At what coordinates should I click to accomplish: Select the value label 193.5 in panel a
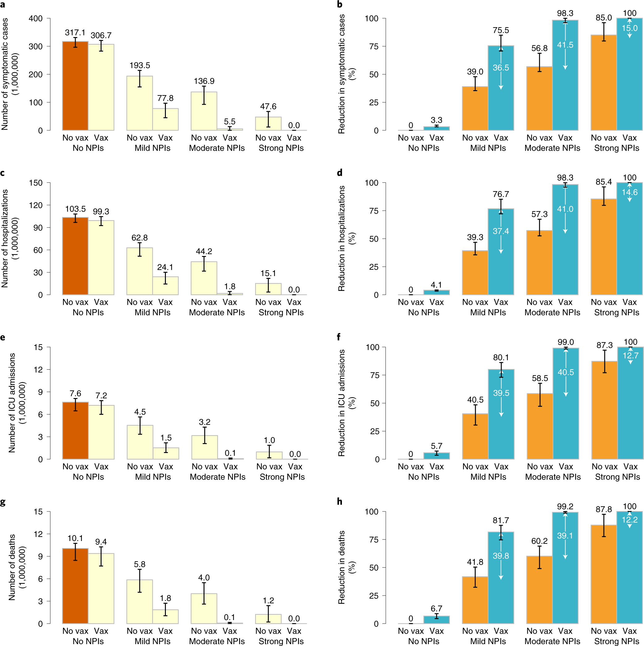coord(140,65)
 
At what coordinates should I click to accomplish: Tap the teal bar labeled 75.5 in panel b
coord(501,100)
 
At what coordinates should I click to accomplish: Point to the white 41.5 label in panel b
coord(565,45)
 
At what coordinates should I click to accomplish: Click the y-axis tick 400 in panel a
coord(36,19)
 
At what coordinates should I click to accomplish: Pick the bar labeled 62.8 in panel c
coord(140,271)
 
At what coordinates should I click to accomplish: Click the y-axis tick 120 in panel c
coord(36,205)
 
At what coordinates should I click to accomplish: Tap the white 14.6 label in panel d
coord(629,192)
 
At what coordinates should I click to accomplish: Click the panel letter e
coord(3,338)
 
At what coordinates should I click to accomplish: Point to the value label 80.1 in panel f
coord(501,358)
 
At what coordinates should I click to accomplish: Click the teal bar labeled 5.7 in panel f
coord(436,456)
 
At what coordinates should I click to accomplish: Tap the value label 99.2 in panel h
coord(565,506)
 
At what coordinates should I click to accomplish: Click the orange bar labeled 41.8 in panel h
coord(475,600)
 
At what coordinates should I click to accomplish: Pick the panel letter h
coord(340,501)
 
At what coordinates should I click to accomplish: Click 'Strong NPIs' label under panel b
coord(617,148)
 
